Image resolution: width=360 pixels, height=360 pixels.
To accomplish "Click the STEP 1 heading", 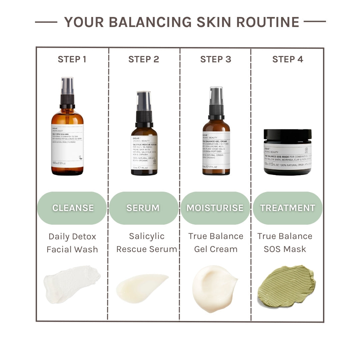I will point(72,59).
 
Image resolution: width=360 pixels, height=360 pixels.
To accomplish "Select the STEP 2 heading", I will point(144,59).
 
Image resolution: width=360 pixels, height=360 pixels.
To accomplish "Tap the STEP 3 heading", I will point(216,59).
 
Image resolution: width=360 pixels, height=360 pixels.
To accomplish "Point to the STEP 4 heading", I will point(288,59).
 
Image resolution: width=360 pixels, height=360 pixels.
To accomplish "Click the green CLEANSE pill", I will point(72,208).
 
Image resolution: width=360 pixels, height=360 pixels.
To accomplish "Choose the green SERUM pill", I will point(143,208).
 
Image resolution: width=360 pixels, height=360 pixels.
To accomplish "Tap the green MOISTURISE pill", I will point(215,208).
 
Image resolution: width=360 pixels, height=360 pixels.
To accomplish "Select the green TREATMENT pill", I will point(287,208).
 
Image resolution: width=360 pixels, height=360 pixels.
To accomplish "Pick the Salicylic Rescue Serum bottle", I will point(144,147).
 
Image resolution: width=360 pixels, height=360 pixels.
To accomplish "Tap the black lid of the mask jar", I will point(288,135).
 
